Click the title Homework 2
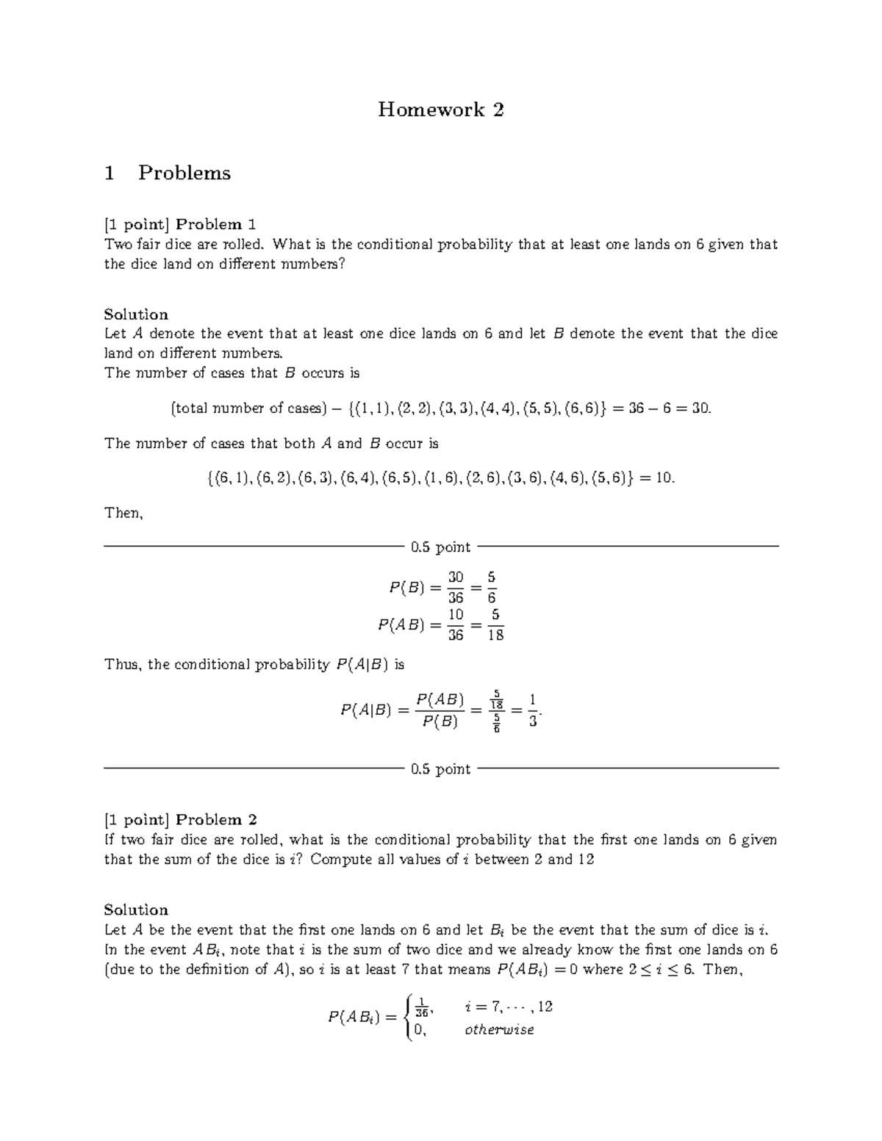coord(440,110)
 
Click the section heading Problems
coord(184,173)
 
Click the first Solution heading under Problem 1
coord(136,314)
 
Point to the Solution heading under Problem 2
coord(136,910)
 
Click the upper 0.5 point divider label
coord(440,547)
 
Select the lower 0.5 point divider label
coord(440,769)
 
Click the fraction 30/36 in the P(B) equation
coord(456,588)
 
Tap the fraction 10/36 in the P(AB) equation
coord(456,625)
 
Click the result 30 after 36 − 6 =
coord(700,408)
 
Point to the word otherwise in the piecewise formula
coord(499,1030)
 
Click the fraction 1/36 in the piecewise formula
coord(421,1007)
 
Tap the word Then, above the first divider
coord(123,513)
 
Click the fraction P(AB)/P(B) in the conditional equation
coord(440,710)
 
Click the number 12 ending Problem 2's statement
coord(586,860)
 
